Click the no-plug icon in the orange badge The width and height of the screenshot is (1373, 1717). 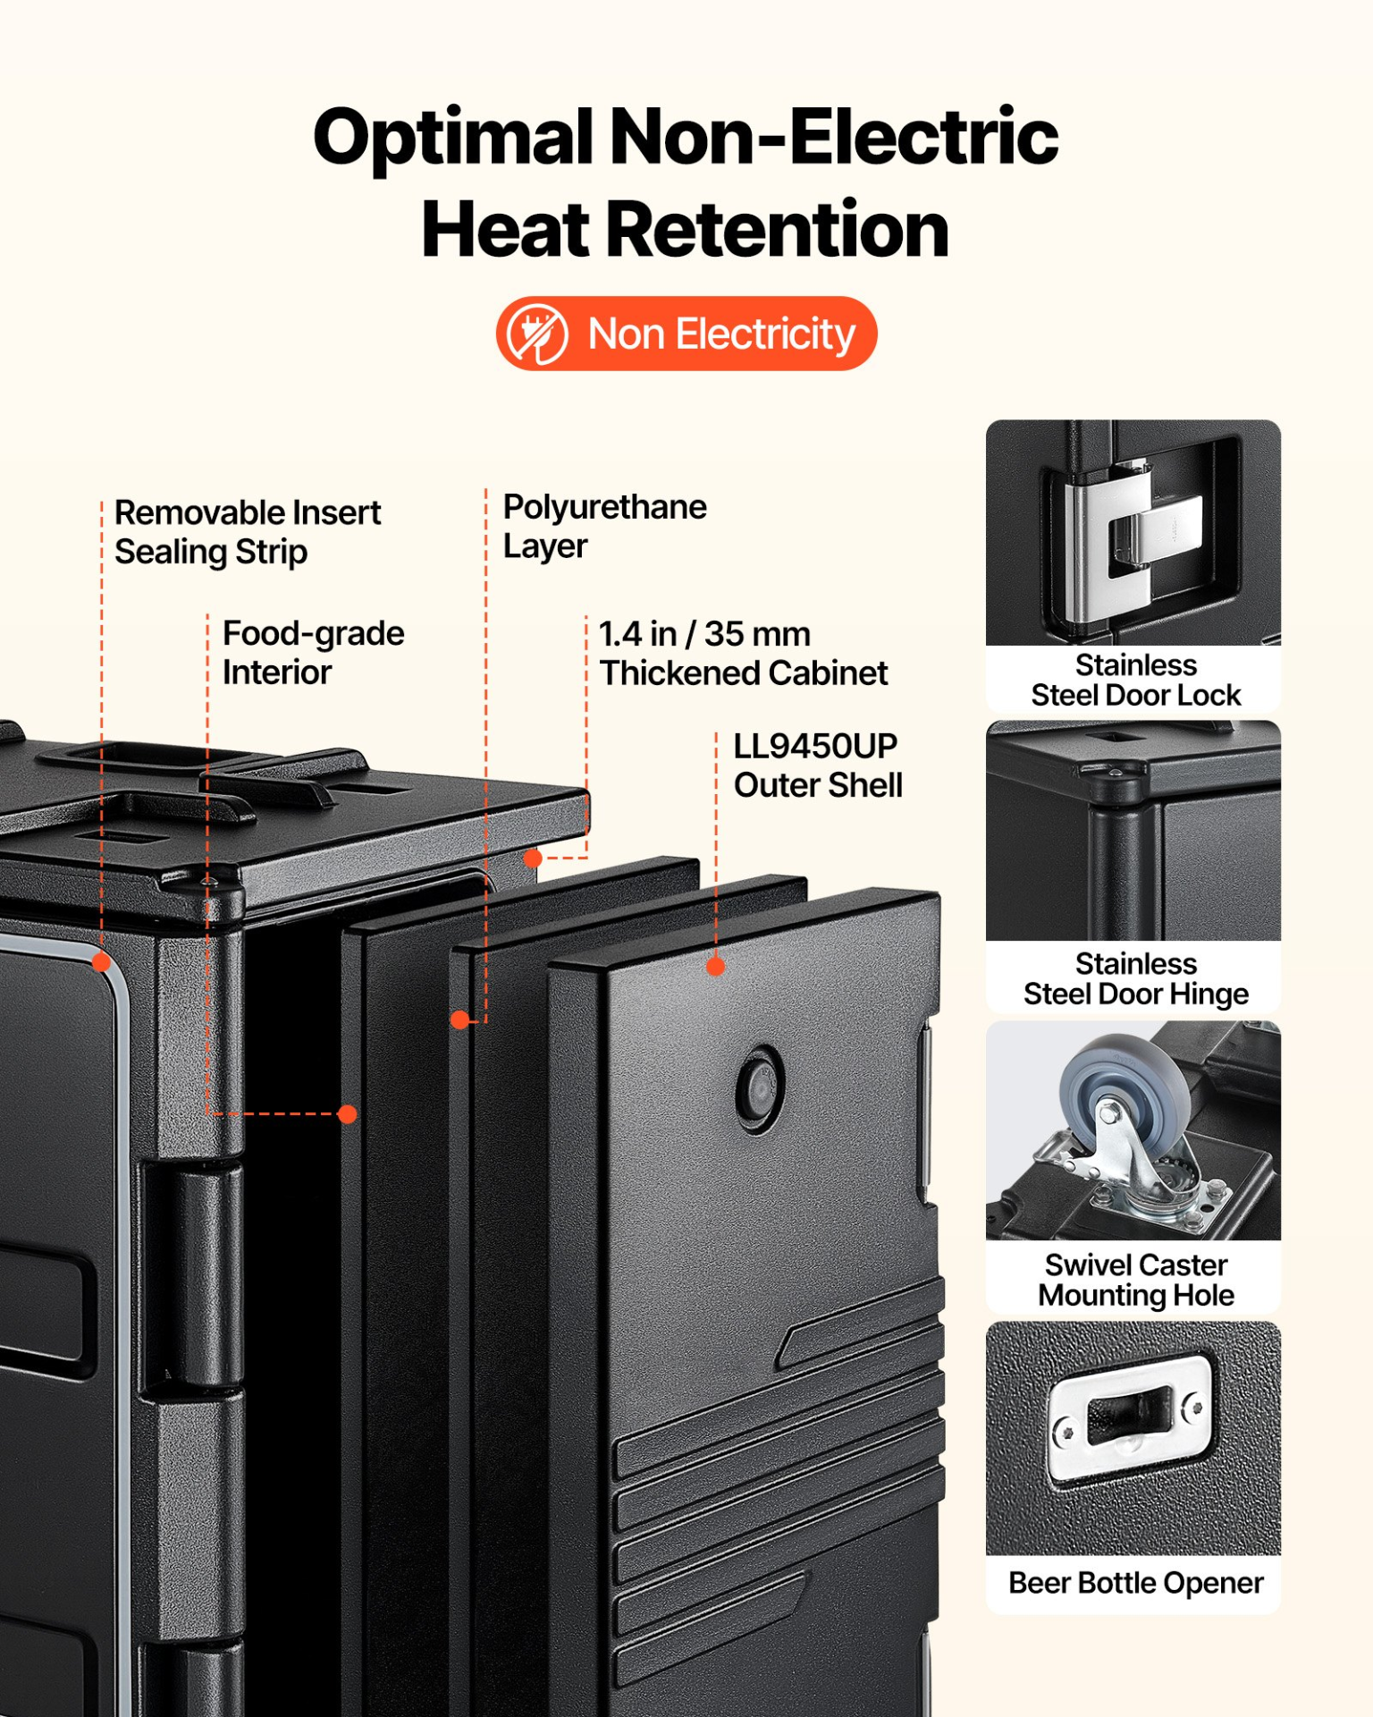[537, 334]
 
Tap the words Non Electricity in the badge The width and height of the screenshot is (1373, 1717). [721, 334]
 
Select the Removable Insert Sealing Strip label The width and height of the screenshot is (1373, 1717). [248, 532]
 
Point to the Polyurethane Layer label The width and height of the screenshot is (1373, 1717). [605, 526]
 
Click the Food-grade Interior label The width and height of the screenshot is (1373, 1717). [313, 652]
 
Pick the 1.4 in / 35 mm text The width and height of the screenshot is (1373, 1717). [704, 634]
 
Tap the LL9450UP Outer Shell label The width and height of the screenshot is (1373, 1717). [818, 765]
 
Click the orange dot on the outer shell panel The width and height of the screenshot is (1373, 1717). [715, 966]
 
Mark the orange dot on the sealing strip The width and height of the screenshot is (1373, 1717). [102, 962]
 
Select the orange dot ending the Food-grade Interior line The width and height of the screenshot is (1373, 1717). [348, 1113]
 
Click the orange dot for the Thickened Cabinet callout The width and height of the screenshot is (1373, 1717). [533, 858]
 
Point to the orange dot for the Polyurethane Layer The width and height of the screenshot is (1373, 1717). [459, 1019]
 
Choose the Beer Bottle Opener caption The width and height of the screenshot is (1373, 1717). [1135, 1583]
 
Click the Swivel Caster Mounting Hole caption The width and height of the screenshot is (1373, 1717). [1135, 1280]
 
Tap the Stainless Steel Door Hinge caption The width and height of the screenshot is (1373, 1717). [1135, 978]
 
